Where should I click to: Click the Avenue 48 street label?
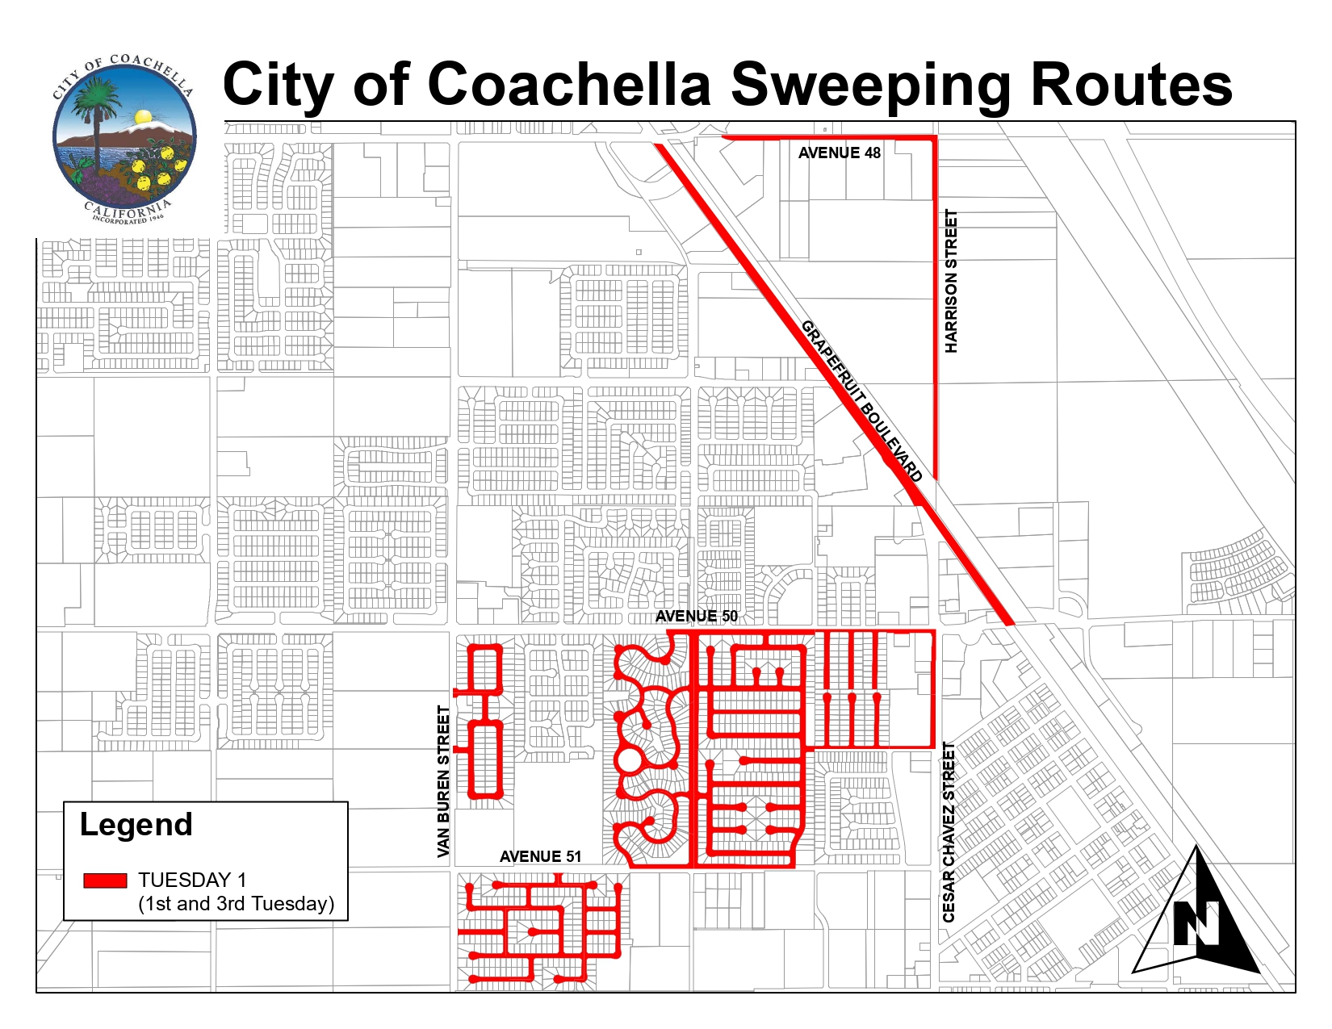[x=839, y=153]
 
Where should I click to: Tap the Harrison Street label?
[x=951, y=281]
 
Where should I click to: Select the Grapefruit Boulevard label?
[x=861, y=400]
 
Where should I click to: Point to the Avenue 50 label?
[x=696, y=617]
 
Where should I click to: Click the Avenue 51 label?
[x=540, y=856]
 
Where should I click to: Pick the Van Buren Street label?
[x=443, y=781]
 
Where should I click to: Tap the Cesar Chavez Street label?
[x=949, y=832]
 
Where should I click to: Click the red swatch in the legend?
[x=105, y=880]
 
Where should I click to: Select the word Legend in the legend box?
[x=136, y=825]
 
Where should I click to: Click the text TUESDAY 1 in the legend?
[x=192, y=880]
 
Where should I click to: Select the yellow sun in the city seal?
[x=142, y=118]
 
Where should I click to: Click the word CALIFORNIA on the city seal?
[x=127, y=210]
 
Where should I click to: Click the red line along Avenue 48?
[x=831, y=138]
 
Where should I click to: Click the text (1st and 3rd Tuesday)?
[x=236, y=904]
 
